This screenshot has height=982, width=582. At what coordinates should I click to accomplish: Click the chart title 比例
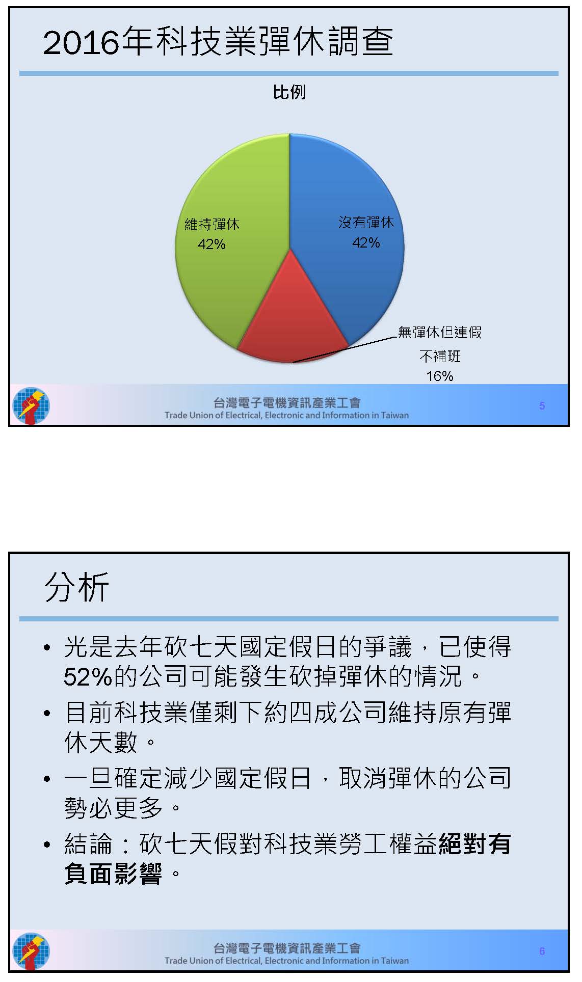(x=289, y=92)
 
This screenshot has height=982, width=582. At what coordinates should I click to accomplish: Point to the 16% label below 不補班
(x=440, y=376)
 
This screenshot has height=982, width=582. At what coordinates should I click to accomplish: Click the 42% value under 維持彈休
(x=211, y=244)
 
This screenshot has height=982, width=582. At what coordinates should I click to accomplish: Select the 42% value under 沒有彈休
(x=366, y=242)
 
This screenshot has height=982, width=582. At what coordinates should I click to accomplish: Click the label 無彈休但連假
(x=440, y=333)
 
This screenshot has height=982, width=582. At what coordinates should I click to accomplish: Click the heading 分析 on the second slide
(x=76, y=587)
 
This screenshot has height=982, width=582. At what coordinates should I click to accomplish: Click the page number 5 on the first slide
(x=542, y=406)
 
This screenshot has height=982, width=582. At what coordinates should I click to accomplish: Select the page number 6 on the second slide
(x=542, y=951)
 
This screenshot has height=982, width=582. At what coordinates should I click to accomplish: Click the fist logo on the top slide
(x=31, y=406)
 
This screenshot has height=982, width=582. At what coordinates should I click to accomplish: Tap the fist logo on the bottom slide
(x=31, y=951)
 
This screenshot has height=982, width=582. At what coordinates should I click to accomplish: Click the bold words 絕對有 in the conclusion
(x=474, y=844)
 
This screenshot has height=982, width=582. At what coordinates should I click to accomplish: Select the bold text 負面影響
(x=113, y=874)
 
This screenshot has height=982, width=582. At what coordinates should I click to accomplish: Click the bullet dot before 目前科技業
(x=47, y=713)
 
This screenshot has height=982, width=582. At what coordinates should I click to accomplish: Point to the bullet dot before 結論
(x=47, y=845)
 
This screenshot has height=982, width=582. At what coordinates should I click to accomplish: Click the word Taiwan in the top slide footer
(x=395, y=415)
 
